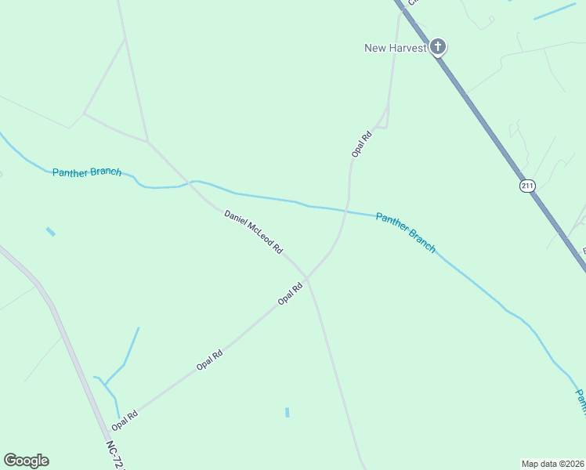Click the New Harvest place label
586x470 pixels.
[x=395, y=48]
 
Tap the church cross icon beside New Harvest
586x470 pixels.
[x=438, y=47]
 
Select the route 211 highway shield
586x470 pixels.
[x=526, y=186]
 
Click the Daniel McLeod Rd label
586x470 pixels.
[x=252, y=231]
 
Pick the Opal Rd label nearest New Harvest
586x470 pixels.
[x=360, y=144]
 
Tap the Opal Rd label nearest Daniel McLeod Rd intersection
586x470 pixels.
[x=291, y=294]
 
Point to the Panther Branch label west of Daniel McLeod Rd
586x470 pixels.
[x=87, y=172]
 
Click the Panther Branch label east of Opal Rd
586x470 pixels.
[x=405, y=233]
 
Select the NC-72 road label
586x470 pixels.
[x=115, y=454]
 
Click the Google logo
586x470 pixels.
[x=26, y=461]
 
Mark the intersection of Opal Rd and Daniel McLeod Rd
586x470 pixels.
[x=307, y=277]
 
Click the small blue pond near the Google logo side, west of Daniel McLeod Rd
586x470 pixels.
[x=51, y=232]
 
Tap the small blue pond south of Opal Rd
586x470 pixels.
[x=288, y=412]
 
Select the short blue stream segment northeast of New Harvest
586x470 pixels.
[x=555, y=12]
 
